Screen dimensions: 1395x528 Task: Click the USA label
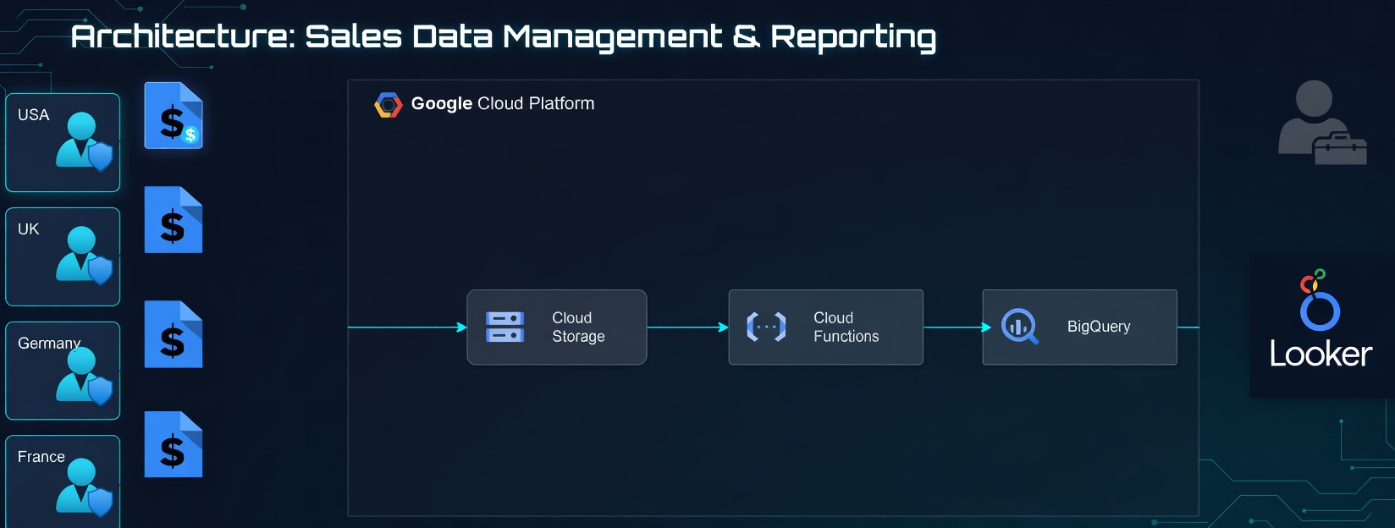click(x=34, y=115)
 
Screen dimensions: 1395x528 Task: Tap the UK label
click(x=29, y=229)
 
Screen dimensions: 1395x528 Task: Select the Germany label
click(x=49, y=344)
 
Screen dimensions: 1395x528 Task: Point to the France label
click(x=41, y=457)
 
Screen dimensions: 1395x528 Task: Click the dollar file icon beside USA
click(x=174, y=116)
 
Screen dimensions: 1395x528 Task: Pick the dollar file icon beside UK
click(x=174, y=220)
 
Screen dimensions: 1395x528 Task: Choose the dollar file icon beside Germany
click(x=174, y=334)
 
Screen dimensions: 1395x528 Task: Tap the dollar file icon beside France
click(x=174, y=444)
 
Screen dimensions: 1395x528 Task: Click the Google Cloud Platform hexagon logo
click(x=388, y=105)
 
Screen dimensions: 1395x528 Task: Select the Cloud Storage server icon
click(x=505, y=327)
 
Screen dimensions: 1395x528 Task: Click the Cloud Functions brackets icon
click(x=766, y=327)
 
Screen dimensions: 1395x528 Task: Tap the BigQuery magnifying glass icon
click(x=1019, y=327)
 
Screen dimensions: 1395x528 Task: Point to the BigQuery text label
click(x=1099, y=327)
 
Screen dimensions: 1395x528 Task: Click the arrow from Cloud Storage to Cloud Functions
click(x=687, y=327)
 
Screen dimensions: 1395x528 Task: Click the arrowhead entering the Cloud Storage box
click(x=462, y=327)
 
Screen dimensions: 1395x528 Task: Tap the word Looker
click(x=1321, y=355)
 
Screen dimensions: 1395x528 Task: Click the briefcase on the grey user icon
click(x=1340, y=149)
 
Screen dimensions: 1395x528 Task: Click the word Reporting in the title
click(x=853, y=37)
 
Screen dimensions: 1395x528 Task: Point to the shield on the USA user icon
click(x=100, y=157)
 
